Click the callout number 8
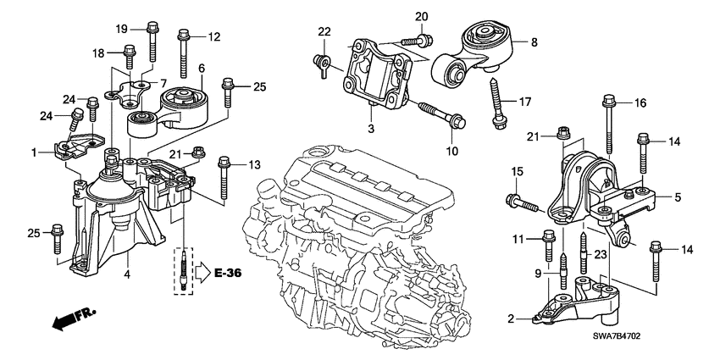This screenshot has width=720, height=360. pyautogui.click(x=534, y=40)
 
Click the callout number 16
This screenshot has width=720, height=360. pyautogui.click(x=641, y=102)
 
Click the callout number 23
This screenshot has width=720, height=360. pyautogui.click(x=601, y=253)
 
